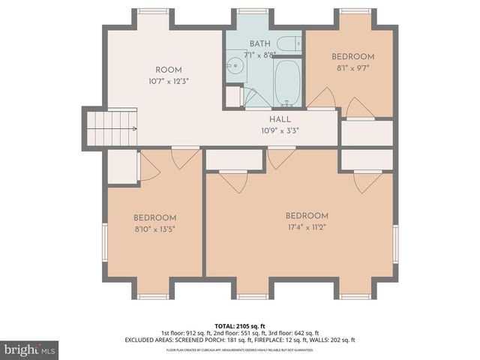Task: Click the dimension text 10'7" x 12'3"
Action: point(168,81)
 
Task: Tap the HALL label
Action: point(280,119)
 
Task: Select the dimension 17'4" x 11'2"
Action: point(307,227)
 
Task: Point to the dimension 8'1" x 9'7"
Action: point(352,68)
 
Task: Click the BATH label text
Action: point(260,43)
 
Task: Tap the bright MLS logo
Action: point(30,349)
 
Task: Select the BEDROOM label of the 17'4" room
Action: point(307,216)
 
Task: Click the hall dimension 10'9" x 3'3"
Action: point(280,130)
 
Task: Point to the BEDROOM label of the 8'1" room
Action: point(352,57)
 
